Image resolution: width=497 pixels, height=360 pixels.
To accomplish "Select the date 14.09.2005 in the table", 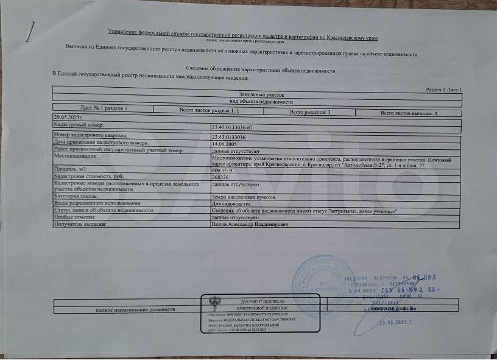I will click(224, 144).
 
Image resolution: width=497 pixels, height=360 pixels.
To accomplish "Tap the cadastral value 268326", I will click(220, 177).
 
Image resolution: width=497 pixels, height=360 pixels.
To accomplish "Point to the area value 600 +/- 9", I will click(223, 171).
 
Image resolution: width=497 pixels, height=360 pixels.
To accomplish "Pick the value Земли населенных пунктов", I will click(244, 197).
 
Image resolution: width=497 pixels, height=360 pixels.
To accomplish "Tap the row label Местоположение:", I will click(72, 156).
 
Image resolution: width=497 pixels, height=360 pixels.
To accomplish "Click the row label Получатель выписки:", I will click(80, 224).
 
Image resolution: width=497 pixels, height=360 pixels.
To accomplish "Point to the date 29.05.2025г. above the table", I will click(68, 116).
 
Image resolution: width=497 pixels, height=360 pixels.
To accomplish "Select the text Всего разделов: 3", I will click(310, 113).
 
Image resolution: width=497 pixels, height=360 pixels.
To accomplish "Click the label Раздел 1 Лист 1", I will click(444, 90).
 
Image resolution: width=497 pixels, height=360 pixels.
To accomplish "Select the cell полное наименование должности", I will click(135, 310).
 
